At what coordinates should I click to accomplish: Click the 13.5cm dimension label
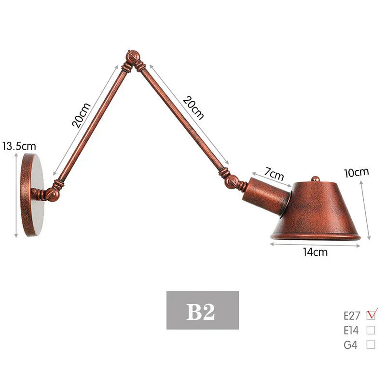(19, 145)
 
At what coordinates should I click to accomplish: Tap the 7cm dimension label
(274, 172)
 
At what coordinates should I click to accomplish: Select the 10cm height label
(356, 172)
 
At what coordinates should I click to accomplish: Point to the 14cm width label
(315, 252)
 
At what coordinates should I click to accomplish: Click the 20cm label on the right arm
(193, 108)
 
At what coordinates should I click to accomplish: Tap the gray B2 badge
(203, 310)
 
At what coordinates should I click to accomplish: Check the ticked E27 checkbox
(371, 316)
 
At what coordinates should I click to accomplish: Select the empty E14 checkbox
(371, 331)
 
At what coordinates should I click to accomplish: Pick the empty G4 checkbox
(371, 345)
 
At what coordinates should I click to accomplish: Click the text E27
(352, 316)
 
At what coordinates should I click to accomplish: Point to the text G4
(350, 345)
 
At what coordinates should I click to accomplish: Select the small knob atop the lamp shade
(315, 179)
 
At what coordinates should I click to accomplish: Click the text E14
(352, 331)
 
